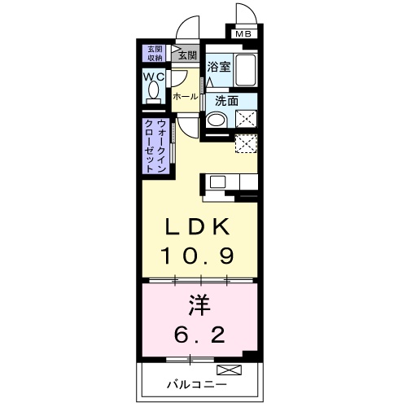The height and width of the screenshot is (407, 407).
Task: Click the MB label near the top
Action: pyautogui.click(x=243, y=34)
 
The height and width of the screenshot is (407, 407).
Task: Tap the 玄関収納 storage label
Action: pyautogui.click(x=155, y=54)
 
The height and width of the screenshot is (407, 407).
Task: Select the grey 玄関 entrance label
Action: pyautogui.click(x=187, y=55)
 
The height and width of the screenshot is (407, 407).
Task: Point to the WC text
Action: pyautogui.click(x=154, y=77)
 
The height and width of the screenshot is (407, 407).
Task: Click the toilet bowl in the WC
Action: pyautogui.click(x=154, y=93)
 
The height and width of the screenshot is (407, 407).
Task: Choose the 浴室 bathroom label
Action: pyautogui.click(x=219, y=67)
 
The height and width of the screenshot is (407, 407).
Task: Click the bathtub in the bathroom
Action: pyautogui.click(x=245, y=70)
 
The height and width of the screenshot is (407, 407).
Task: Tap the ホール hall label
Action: pyautogui.click(x=186, y=97)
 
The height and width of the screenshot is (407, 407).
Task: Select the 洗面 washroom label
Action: pyautogui.click(x=227, y=101)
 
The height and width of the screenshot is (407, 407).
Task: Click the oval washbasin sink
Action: pyautogui.click(x=216, y=120)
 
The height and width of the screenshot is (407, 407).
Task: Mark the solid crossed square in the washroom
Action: pyautogui.click(x=246, y=119)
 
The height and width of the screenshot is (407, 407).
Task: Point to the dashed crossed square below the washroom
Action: pyautogui.click(x=246, y=143)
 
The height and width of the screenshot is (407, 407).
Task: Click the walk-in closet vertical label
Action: pyautogui.click(x=155, y=147)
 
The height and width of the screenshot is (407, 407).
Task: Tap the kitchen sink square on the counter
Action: pyautogui.click(x=217, y=182)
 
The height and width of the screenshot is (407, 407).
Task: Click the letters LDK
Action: pyautogui.click(x=198, y=227)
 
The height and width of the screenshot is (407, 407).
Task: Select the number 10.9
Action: pyautogui.click(x=197, y=256)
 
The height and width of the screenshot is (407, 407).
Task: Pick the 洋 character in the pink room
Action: pyautogui.click(x=199, y=306)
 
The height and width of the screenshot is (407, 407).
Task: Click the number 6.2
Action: pyautogui.click(x=199, y=335)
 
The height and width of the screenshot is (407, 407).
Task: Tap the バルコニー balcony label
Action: pyautogui.click(x=197, y=384)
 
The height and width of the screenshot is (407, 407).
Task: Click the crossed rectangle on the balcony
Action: pyautogui.click(x=229, y=370)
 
